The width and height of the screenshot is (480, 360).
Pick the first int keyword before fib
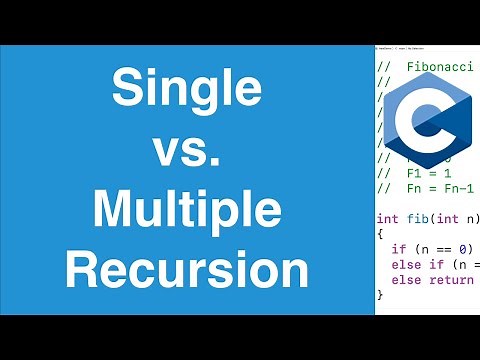[x=387, y=218]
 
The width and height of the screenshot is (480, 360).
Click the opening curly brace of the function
[x=380, y=233]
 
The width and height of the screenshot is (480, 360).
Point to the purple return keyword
[x=449, y=279]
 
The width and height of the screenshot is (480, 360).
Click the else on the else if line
[x=404, y=264]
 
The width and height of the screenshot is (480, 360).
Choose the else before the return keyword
[x=404, y=279]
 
